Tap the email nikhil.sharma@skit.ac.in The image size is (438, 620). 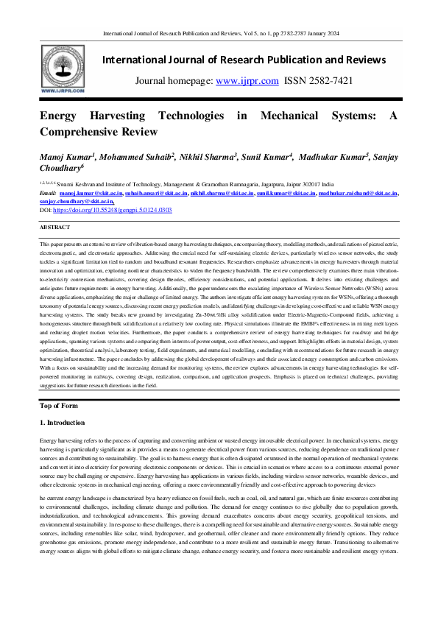tap(219, 194)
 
